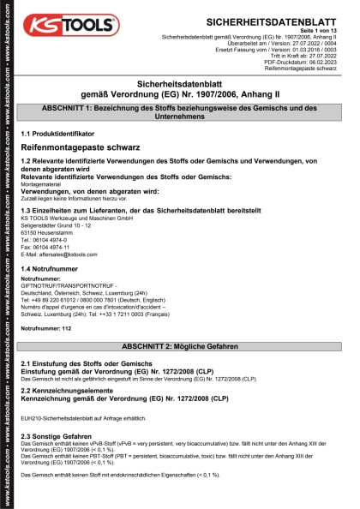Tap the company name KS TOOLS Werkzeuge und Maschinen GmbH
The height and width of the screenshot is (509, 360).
76,219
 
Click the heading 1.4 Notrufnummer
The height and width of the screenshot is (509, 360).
55,269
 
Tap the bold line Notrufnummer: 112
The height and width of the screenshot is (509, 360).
46,329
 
